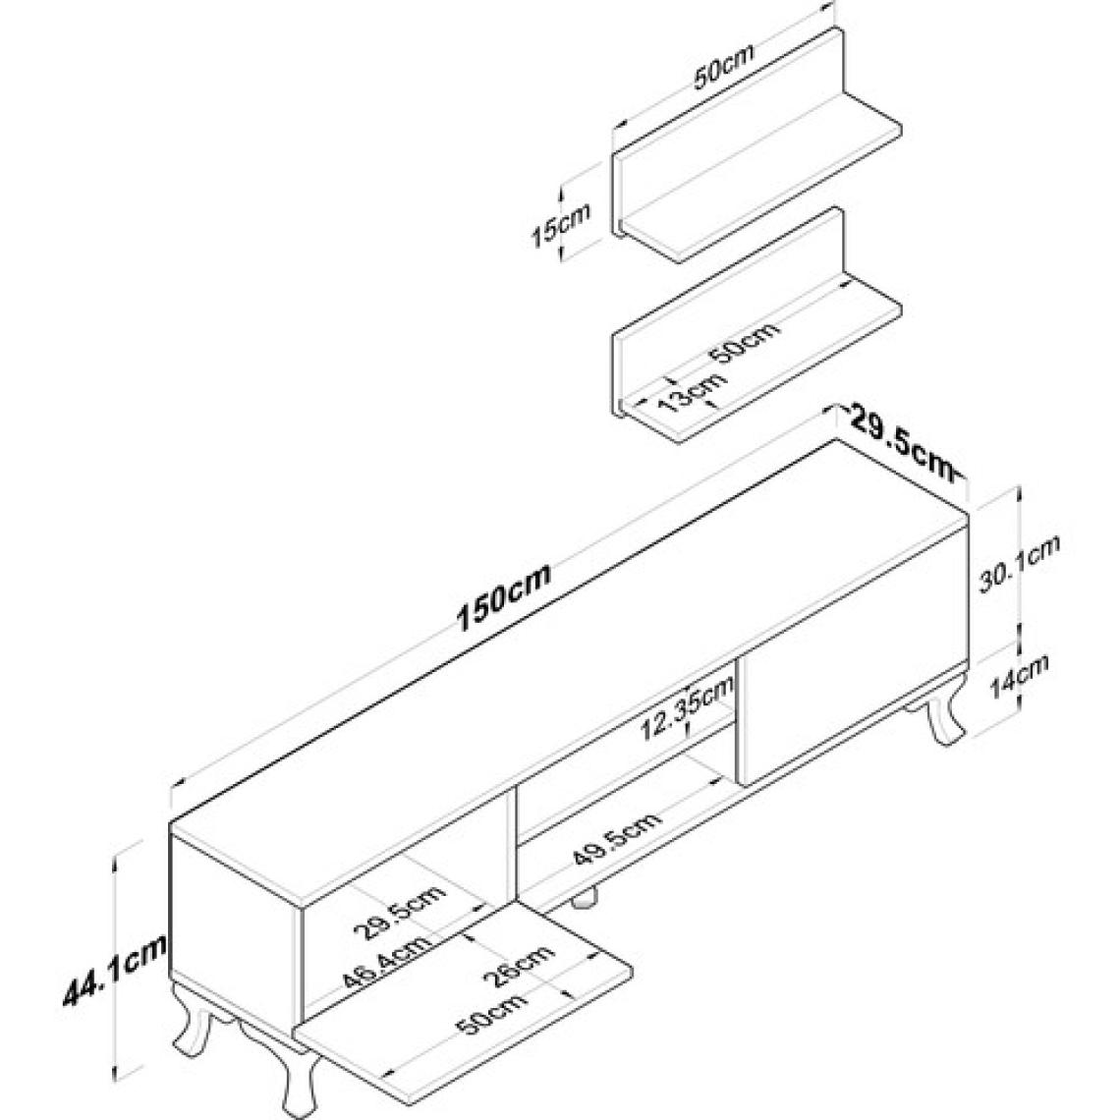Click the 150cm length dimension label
503,597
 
